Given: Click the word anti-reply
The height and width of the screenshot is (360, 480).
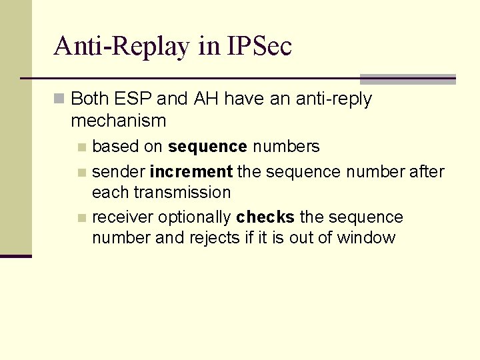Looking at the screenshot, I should point(327,99).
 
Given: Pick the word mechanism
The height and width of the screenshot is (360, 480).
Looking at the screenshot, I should point(118,121).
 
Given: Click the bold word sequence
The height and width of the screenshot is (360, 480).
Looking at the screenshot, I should point(208,147).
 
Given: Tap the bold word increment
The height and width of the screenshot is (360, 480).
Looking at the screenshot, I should point(191,172).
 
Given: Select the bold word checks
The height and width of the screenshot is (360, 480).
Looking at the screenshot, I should point(265,217).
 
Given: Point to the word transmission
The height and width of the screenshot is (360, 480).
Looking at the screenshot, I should point(181,193).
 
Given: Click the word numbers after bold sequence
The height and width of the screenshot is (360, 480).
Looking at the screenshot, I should point(286,147).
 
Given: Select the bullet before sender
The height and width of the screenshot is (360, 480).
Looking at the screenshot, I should point(81,173).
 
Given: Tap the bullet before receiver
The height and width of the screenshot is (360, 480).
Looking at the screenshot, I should point(81,218).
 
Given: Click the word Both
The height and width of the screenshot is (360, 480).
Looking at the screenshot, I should point(90,99).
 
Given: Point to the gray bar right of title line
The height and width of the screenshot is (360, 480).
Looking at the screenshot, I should point(407,79).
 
